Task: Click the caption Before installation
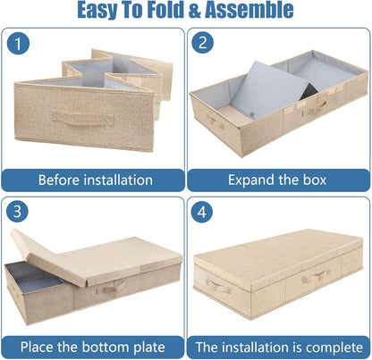coord(95,180)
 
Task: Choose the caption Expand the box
coord(277,180)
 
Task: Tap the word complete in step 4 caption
coord(325,346)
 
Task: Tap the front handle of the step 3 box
coord(113,288)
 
